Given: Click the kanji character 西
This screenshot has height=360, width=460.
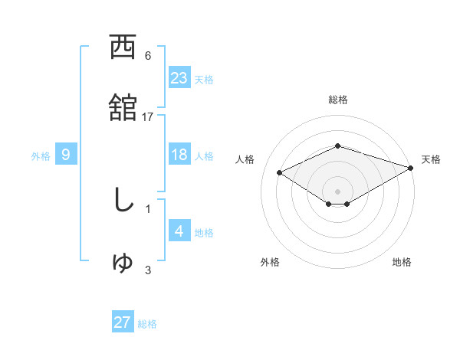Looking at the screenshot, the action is [x=123, y=47].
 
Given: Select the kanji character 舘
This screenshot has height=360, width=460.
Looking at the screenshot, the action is [x=123, y=106].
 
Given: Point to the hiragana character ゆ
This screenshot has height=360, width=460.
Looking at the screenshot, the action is [x=123, y=262].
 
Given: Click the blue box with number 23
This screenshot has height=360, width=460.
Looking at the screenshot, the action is [x=179, y=77].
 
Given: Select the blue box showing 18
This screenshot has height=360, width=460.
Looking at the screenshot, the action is [x=179, y=155].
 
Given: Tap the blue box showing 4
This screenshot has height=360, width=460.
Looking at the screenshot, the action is [x=179, y=231].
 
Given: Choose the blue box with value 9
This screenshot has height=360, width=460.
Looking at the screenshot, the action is [x=66, y=155].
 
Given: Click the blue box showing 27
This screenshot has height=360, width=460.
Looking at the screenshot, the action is [x=123, y=322].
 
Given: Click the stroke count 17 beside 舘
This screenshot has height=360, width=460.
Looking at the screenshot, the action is [x=148, y=117].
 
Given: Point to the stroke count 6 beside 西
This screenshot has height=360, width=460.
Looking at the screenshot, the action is [x=148, y=56].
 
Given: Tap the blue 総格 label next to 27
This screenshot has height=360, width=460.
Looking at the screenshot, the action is [x=148, y=324].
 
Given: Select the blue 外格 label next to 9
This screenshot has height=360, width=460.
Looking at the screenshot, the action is [x=41, y=156].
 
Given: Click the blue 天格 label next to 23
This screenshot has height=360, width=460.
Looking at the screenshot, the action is [x=204, y=79].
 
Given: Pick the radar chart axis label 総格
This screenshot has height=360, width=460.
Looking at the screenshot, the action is [x=337, y=100].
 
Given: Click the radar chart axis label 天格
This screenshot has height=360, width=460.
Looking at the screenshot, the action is [x=431, y=159].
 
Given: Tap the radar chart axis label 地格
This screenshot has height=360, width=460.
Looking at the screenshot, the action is [x=402, y=262].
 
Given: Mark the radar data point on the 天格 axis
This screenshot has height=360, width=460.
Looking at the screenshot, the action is [x=412, y=168].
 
